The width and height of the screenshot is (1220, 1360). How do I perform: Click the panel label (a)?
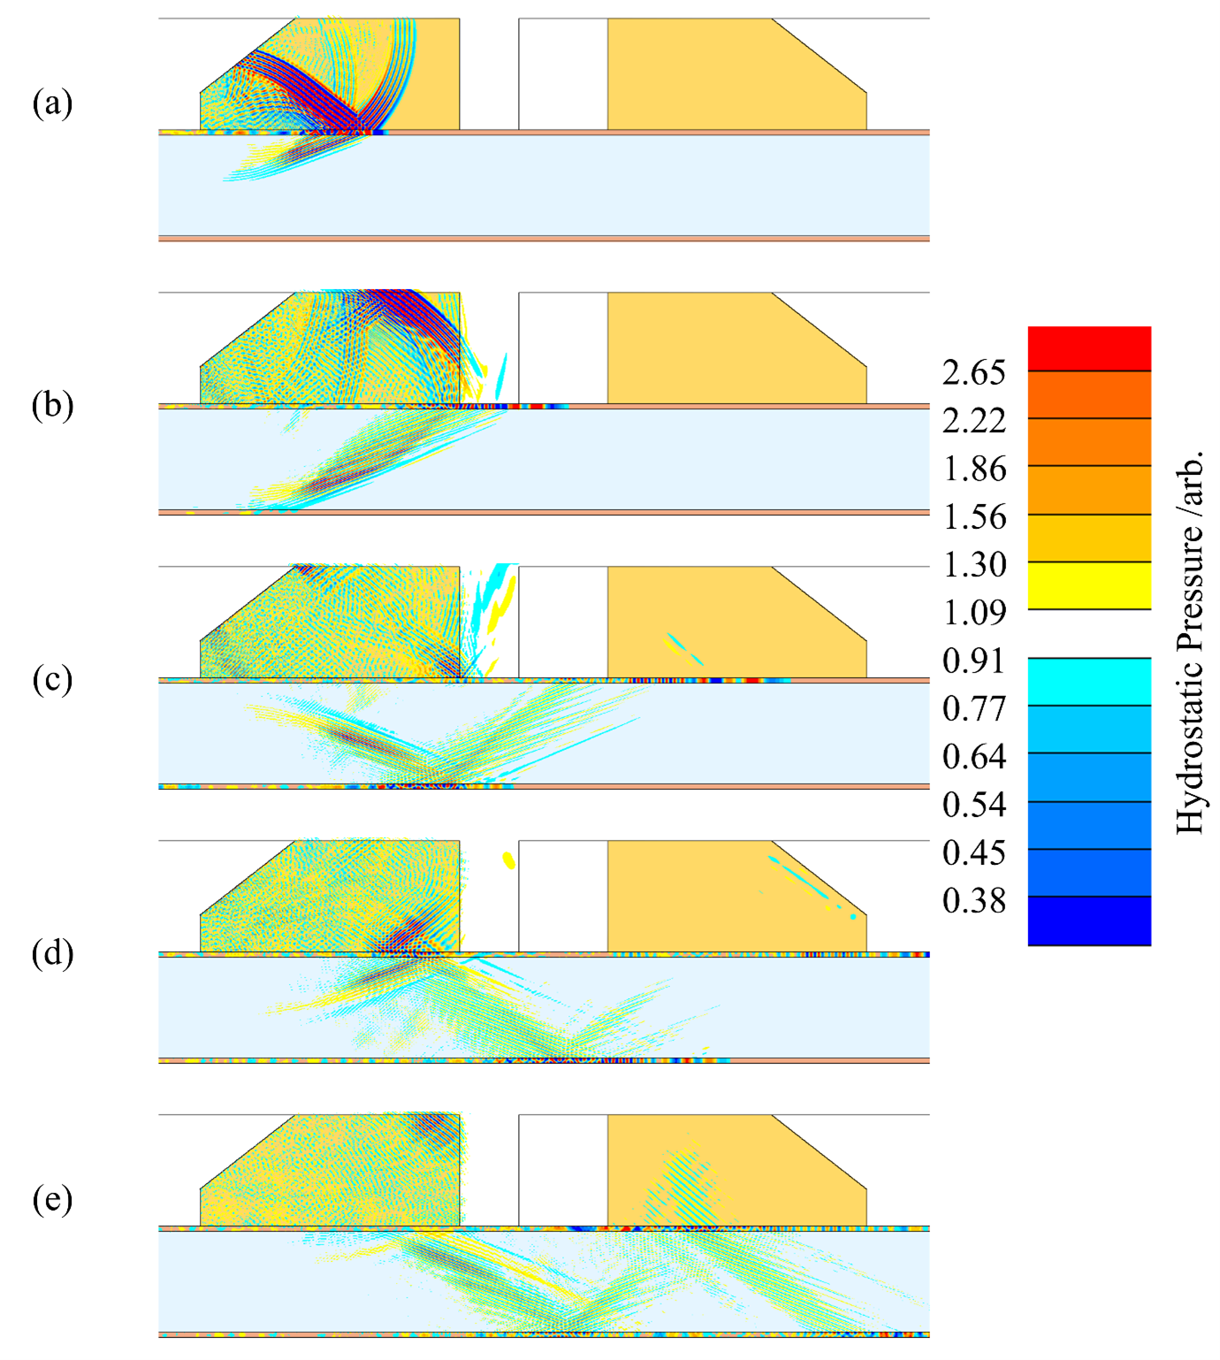coord(52,103)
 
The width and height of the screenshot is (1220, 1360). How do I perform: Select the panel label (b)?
coord(52,405)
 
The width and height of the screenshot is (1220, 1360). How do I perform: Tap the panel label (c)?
coord(52,679)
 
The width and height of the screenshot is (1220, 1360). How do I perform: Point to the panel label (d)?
coord(52,953)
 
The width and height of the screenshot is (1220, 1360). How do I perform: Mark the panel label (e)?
coord(52,1200)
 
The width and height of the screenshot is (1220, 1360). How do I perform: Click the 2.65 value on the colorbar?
coord(973,373)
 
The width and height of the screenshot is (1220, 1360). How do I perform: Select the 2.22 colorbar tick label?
coord(973,421)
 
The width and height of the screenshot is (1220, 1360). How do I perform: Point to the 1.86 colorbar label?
coord(973,469)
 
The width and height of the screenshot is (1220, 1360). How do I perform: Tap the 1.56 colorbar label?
coord(973,516)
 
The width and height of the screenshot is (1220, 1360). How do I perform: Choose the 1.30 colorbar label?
coord(973,564)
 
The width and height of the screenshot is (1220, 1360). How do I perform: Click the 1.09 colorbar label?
coord(973,612)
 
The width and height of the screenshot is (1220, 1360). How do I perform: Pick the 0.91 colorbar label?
coord(973,661)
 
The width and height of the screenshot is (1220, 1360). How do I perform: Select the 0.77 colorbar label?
coord(973,708)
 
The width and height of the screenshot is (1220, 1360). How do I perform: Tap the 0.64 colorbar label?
coord(973,756)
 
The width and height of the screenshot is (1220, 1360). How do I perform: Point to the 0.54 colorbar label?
coord(973,804)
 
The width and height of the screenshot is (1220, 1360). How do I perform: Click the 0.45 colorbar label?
coord(973,852)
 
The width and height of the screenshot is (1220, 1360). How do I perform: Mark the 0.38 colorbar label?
coord(973,900)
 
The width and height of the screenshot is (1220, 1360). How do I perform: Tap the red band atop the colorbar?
coord(1088,348)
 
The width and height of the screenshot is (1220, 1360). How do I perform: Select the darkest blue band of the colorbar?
coord(1088,921)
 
